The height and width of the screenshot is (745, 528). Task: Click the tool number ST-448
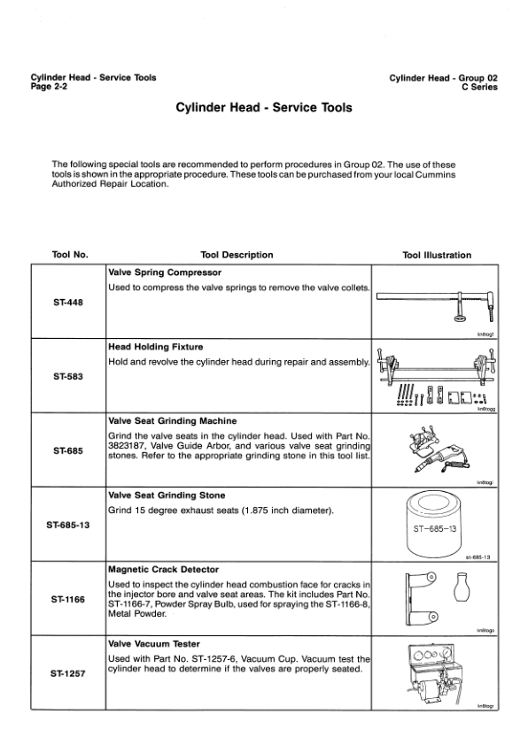[x=69, y=302]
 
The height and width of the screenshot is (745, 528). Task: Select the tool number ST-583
[x=69, y=375]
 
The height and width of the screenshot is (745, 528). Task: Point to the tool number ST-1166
[x=69, y=599]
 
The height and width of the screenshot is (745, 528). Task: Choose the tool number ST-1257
[x=69, y=673]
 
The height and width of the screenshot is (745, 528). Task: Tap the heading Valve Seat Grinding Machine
[x=172, y=421]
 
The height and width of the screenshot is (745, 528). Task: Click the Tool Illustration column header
[x=436, y=255]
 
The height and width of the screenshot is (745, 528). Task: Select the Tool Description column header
[x=237, y=255]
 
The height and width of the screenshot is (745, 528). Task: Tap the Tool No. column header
[x=70, y=255]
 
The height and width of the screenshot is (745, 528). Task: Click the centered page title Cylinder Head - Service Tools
[x=263, y=108]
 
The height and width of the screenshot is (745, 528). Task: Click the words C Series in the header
[x=478, y=87]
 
